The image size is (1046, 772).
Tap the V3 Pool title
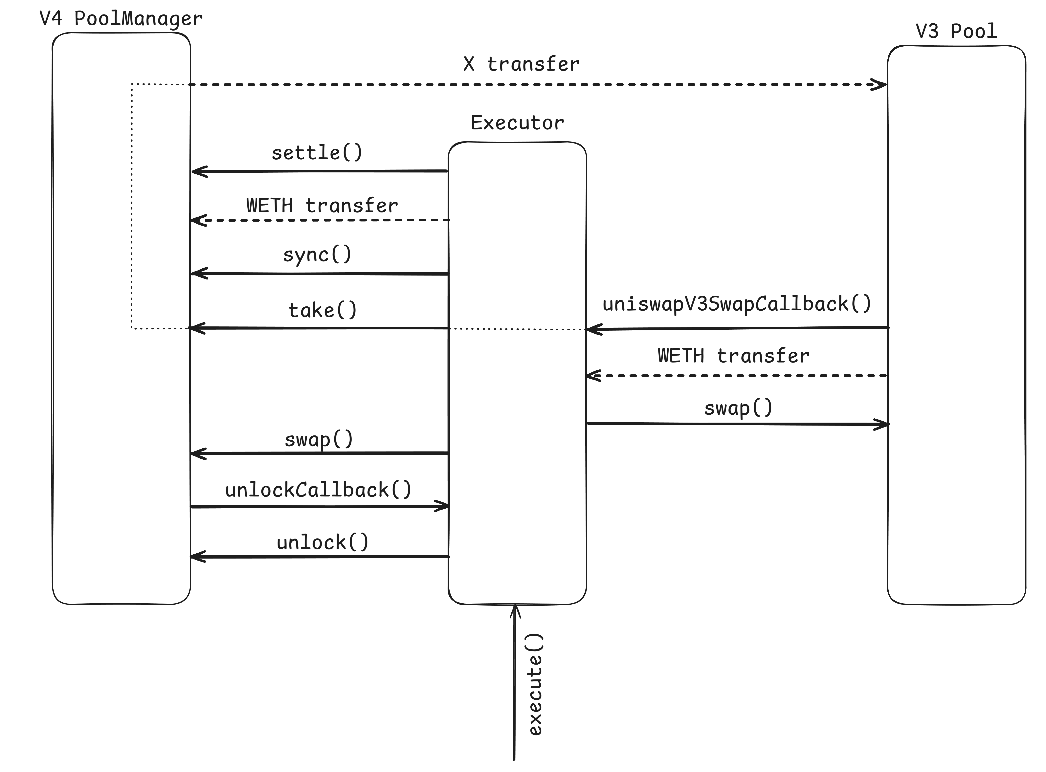[956, 31]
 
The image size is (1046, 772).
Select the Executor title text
[517, 123]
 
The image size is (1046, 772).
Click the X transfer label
[521, 64]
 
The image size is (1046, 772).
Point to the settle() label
[317, 153]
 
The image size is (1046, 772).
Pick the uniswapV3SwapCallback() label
[737, 304]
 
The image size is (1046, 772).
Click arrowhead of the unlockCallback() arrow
[444, 506]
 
